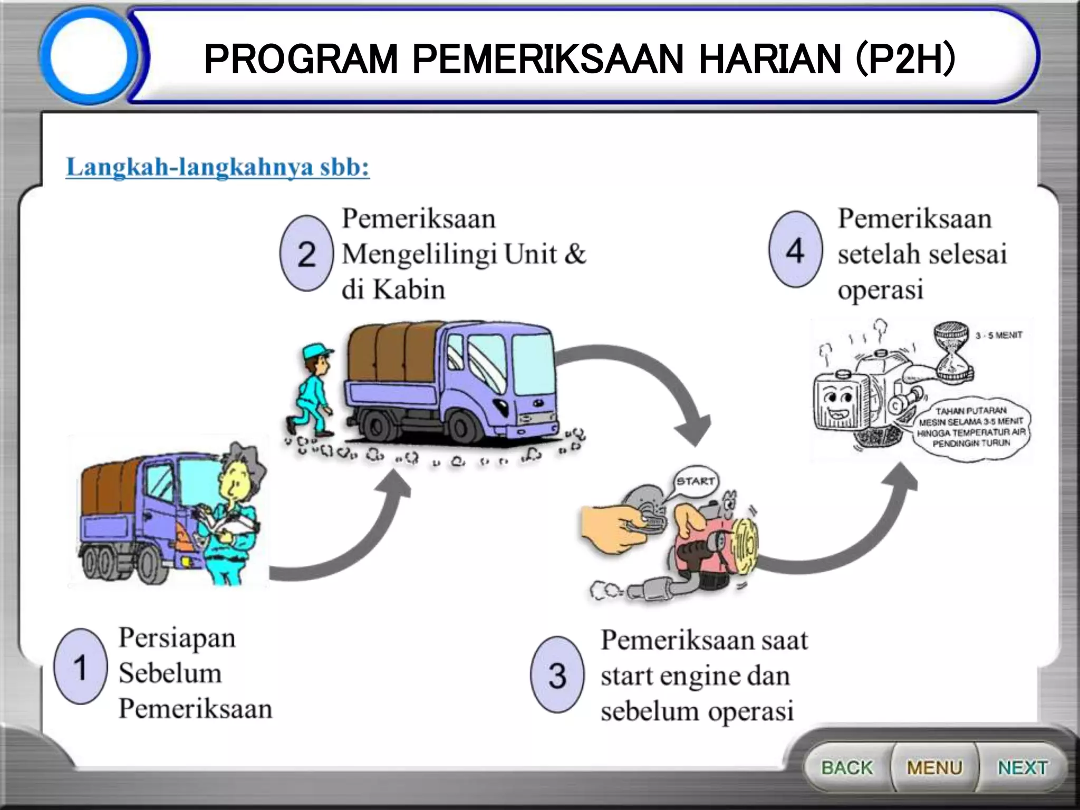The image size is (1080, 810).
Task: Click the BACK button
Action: (x=847, y=767)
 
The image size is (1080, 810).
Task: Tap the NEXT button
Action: (x=1022, y=767)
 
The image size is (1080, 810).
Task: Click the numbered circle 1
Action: (x=80, y=667)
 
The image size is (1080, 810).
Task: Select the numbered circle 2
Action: (x=306, y=254)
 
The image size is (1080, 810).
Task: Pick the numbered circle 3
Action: (x=557, y=674)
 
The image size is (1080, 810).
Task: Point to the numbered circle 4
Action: (x=795, y=250)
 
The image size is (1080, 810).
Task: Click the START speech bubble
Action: (x=696, y=481)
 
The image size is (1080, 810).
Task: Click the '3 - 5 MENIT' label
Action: (x=998, y=335)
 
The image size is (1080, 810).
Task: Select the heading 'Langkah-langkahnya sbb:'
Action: (x=218, y=167)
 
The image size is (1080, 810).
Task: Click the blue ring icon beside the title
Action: (x=89, y=55)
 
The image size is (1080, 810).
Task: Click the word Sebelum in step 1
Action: (x=170, y=673)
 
